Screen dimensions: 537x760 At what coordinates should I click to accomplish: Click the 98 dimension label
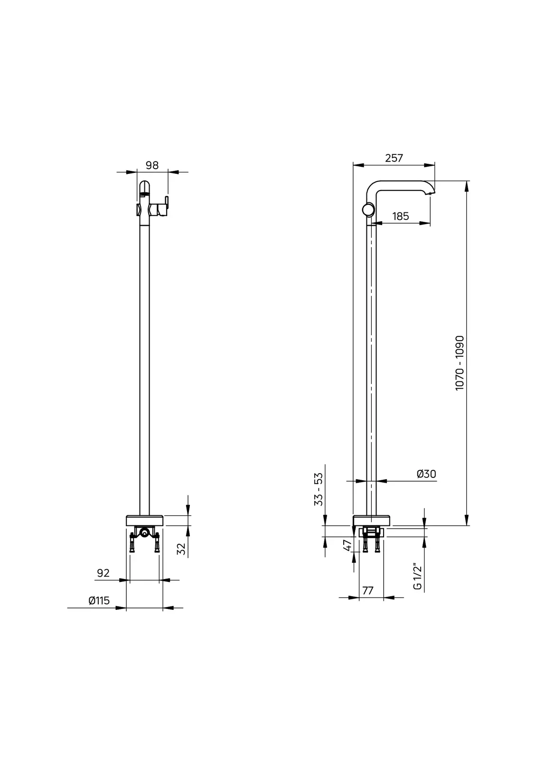pyautogui.click(x=152, y=165)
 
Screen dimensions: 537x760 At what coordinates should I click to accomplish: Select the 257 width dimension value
pyautogui.click(x=394, y=158)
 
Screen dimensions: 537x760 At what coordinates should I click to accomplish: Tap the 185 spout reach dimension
pyautogui.click(x=400, y=216)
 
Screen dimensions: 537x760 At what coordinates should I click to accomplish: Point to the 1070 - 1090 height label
pyautogui.click(x=459, y=363)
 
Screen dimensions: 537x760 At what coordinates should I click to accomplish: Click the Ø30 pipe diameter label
pyautogui.click(x=426, y=474)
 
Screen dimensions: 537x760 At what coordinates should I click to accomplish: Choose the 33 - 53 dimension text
pyautogui.click(x=318, y=489)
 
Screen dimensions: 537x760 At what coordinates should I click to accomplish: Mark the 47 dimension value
pyautogui.click(x=348, y=545)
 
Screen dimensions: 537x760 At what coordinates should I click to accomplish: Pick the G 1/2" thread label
pyautogui.click(x=417, y=578)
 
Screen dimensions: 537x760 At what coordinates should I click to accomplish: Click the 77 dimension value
pyautogui.click(x=367, y=591)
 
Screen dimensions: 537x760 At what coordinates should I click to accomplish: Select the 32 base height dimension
pyautogui.click(x=181, y=549)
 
